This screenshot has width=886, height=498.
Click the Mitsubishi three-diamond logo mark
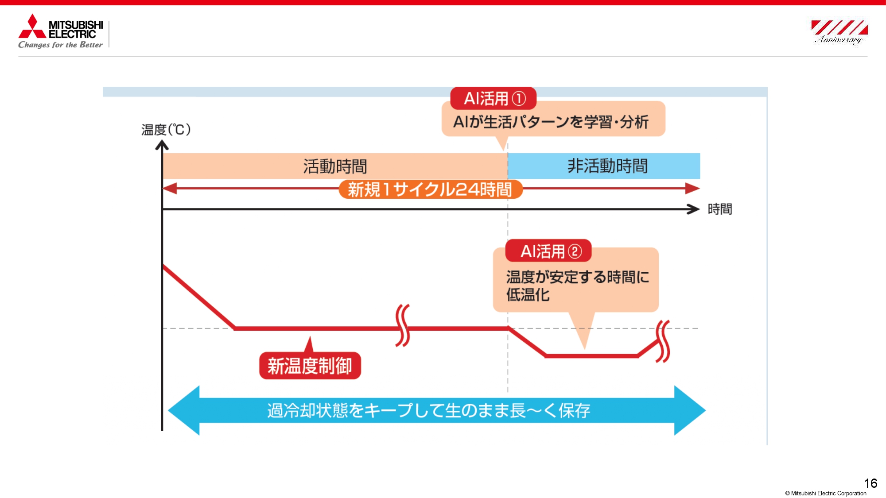32,27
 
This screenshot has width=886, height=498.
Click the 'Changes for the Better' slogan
60,45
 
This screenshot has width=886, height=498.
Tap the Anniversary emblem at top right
839,32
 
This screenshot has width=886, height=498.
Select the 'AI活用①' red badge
494,98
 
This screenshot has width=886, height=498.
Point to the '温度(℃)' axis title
166,130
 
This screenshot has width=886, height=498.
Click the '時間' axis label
719,209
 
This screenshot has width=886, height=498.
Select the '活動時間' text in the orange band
335,166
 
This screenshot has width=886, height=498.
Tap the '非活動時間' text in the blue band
607,166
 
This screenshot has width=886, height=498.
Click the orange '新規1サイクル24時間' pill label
430,189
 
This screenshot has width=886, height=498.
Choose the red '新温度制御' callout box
310,366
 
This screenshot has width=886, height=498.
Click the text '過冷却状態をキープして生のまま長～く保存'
428,411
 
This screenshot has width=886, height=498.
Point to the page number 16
870,483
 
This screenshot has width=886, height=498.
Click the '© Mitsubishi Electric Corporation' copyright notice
826,493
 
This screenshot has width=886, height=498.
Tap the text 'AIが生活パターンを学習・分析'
551,122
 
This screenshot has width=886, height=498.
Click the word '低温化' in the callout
528,295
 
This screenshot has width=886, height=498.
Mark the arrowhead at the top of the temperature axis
162,145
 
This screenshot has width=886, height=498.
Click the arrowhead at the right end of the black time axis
693,209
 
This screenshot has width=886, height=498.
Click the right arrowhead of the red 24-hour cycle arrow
692,188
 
